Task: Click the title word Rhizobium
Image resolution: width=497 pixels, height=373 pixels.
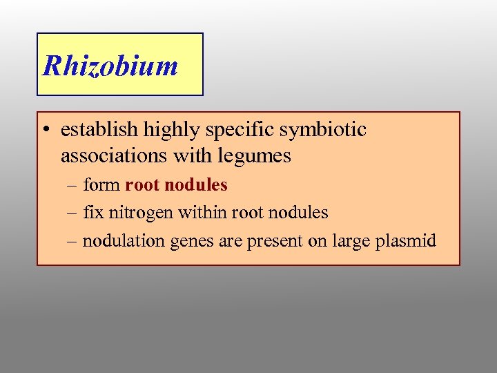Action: pos(110,66)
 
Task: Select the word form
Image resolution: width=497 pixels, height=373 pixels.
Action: pos(101,185)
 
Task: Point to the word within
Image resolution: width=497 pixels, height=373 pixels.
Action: pos(199,213)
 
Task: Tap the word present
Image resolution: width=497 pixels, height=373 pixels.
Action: pos(262,242)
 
